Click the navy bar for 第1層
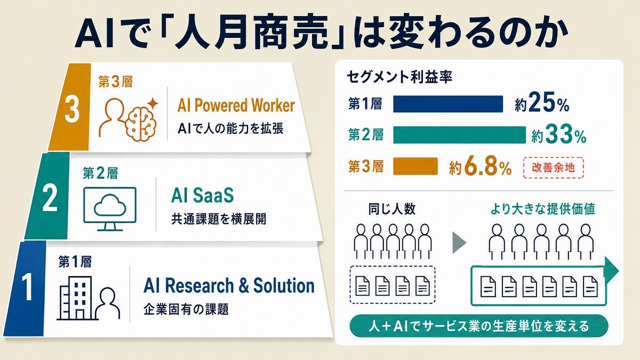pos(448,104)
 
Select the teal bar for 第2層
pos(459,135)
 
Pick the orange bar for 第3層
pos(415,166)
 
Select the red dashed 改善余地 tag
pos(554,167)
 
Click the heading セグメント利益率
pos(399,77)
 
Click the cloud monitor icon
pos(110,209)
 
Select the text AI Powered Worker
pos(236,105)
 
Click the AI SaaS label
pos(203,195)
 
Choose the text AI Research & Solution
pos(229,285)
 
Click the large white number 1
pos(28,286)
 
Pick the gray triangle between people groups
pos(459,243)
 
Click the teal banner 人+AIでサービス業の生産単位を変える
pos(479,326)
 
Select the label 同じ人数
pos(391,209)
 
